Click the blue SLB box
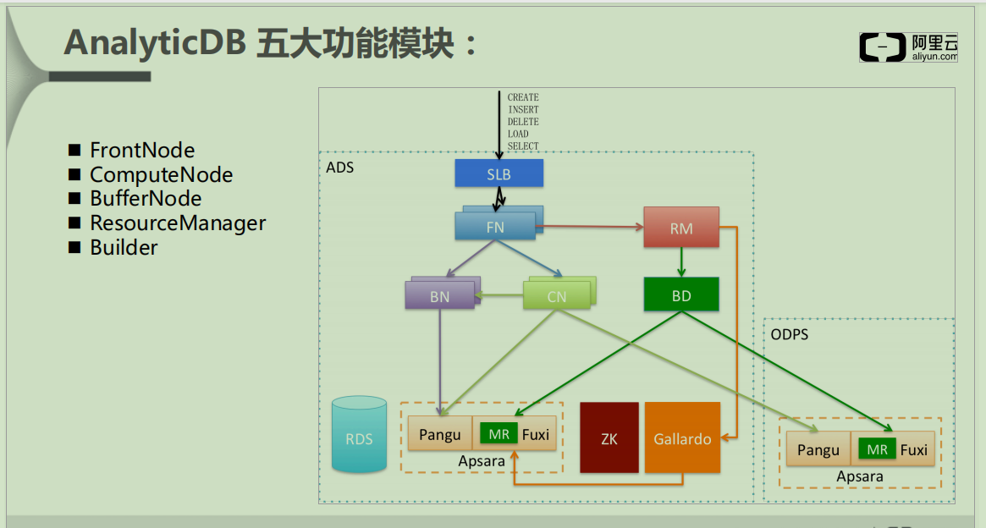(499, 173)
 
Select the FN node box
(495, 227)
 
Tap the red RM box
(680, 228)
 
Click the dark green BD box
(680, 294)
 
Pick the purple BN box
(439, 296)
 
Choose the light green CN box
(556, 296)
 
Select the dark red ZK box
(609, 437)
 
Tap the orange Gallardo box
(682, 437)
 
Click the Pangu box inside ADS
(440, 434)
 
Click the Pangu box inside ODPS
(818, 449)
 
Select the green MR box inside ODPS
(877, 449)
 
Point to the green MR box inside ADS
(499, 434)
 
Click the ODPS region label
(789, 334)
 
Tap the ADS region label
(339, 168)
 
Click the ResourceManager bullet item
(178, 223)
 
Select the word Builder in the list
(124, 248)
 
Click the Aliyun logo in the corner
(908, 47)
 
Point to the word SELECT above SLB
(523, 146)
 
